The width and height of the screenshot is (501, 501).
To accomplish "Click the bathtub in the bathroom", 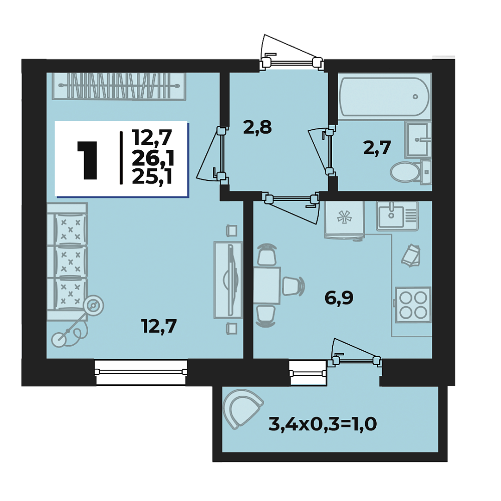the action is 384,96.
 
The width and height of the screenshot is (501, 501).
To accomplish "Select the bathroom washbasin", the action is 418,140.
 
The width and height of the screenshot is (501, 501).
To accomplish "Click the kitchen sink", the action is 397,215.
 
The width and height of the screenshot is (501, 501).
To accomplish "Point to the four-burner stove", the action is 413,305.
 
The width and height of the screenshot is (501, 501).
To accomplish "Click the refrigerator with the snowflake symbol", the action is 344,220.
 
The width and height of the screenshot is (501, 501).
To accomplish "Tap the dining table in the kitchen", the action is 267,286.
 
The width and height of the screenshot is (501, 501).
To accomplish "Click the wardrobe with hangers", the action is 119,86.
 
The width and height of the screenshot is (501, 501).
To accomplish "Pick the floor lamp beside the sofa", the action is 78,322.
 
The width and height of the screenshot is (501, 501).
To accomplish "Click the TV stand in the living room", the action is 228,280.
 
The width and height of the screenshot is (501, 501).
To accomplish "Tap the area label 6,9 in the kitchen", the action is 339,298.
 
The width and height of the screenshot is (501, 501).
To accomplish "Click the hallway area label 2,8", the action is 258,127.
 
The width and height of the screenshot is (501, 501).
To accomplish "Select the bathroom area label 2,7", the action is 377,148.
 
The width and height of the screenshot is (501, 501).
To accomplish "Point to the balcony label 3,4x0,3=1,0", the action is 323,425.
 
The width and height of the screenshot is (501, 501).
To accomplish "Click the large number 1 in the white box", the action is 87,159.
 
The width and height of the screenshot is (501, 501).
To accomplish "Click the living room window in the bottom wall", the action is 141,372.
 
